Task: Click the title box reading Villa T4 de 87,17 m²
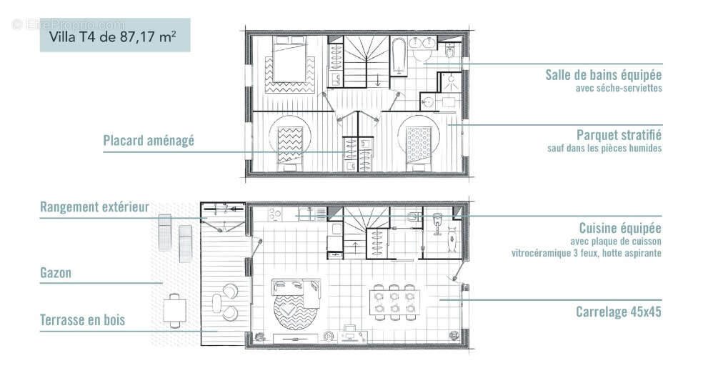(x=114, y=35)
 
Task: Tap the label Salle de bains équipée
(x=604, y=74)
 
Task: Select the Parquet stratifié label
(x=619, y=134)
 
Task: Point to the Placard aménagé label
(x=149, y=141)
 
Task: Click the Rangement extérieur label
(x=94, y=207)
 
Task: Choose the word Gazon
(x=56, y=273)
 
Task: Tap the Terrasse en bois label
(x=82, y=320)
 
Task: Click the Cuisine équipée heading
(x=620, y=228)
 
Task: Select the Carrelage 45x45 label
(x=619, y=312)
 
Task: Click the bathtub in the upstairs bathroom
(x=399, y=57)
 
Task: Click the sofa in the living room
(x=296, y=289)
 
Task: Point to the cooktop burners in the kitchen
(x=274, y=214)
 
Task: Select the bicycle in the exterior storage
(x=223, y=209)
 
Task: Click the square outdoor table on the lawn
(x=174, y=310)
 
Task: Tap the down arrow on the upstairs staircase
(x=377, y=81)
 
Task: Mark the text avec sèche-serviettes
(x=619, y=88)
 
